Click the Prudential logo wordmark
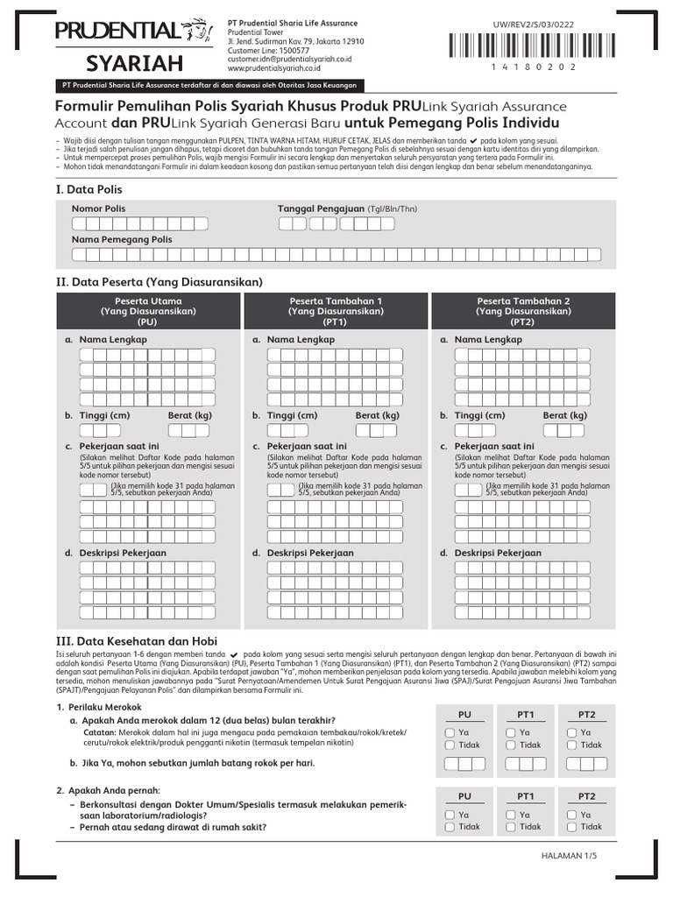(x=117, y=32)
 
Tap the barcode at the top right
(x=550, y=44)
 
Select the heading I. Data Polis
(x=89, y=189)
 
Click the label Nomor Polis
(x=98, y=209)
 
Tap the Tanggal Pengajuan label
(x=321, y=209)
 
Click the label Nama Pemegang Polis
(x=122, y=239)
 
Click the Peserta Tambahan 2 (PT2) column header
(x=523, y=311)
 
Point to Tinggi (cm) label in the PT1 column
(x=292, y=415)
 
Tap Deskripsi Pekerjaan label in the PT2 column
(x=498, y=553)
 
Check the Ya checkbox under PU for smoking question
(x=450, y=731)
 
